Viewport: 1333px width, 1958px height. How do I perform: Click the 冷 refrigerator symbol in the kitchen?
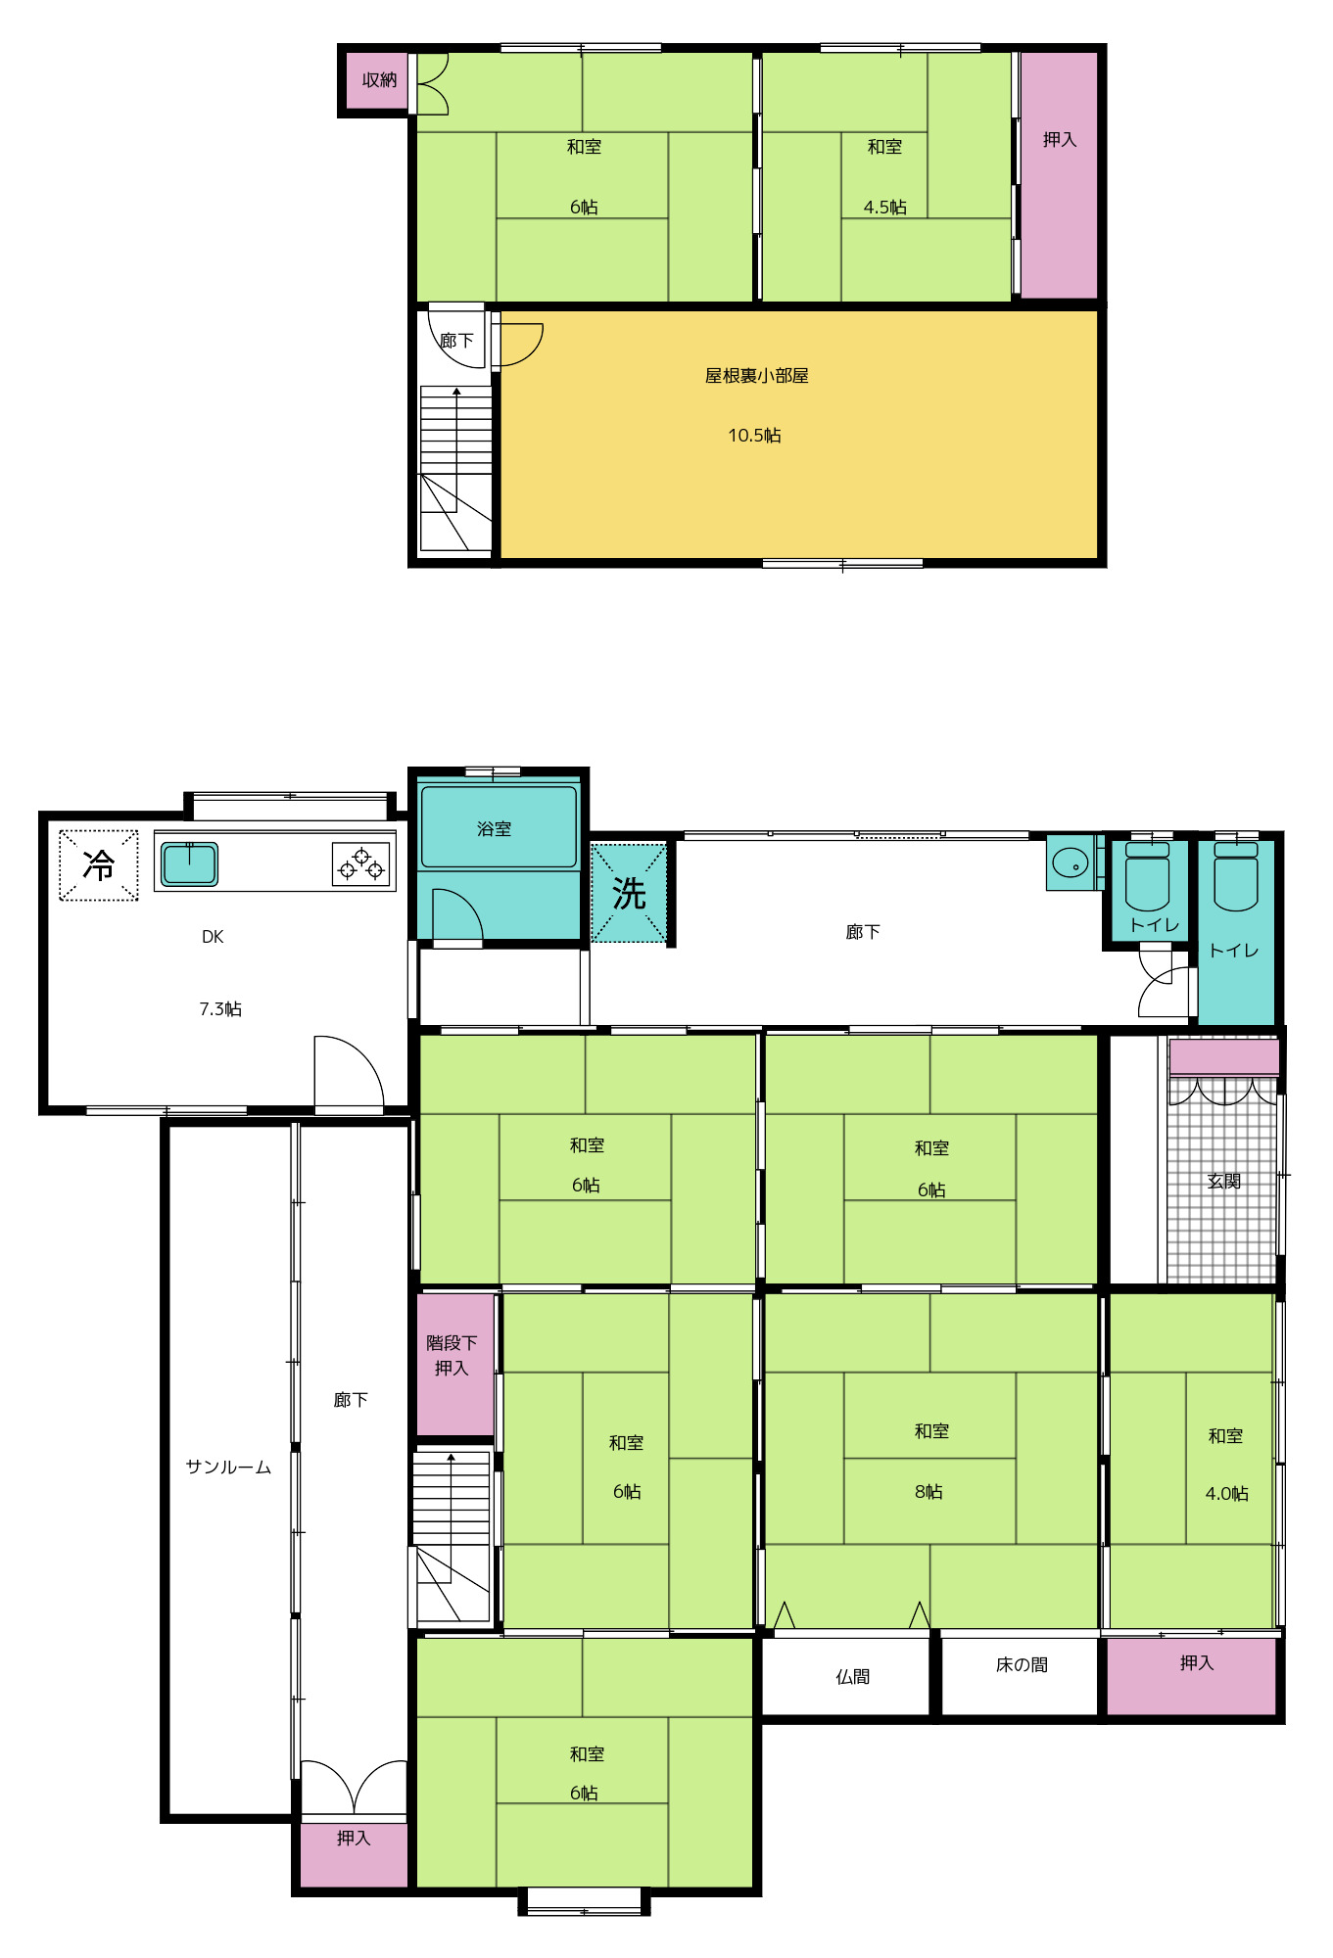[98, 865]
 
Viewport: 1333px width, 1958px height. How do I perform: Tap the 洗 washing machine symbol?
[629, 893]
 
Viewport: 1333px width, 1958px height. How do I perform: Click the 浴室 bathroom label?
[494, 829]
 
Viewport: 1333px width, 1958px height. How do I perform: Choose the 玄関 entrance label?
[1224, 1182]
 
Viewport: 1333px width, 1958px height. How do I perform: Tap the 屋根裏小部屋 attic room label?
[756, 376]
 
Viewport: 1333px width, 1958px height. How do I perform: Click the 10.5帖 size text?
[754, 436]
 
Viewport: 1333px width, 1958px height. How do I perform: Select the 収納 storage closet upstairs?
[378, 80]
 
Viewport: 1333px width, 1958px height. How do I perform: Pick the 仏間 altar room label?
[852, 1677]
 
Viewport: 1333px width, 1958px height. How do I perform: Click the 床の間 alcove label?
[1022, 1665]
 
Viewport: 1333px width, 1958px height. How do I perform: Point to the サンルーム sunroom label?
[228, 1467]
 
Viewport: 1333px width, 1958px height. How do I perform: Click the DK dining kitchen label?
[213, 937]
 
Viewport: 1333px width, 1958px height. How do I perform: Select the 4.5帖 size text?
[884, 208]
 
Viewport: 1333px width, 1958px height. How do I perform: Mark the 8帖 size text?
[928, 1492]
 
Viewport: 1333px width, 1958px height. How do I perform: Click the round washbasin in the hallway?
[1071, 863]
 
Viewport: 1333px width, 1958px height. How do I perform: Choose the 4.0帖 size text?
[1226, 1494]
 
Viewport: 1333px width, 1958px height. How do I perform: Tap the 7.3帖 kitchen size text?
[220, 1009]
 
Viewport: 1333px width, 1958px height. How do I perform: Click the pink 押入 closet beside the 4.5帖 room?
[1059, 174]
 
